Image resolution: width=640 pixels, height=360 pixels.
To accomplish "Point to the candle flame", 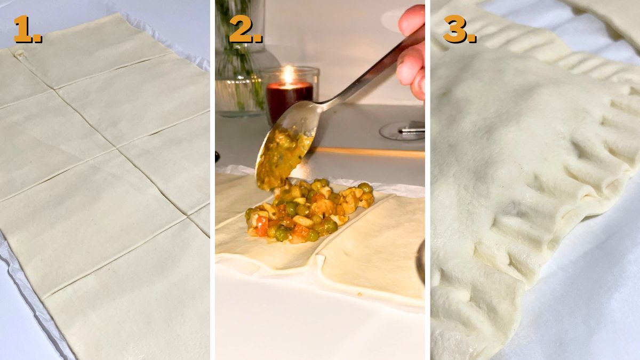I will pos(288,74).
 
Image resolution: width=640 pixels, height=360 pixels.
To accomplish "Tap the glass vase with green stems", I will pos(240,59).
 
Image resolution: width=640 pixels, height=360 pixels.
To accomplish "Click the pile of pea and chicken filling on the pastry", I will pos(309,211).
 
